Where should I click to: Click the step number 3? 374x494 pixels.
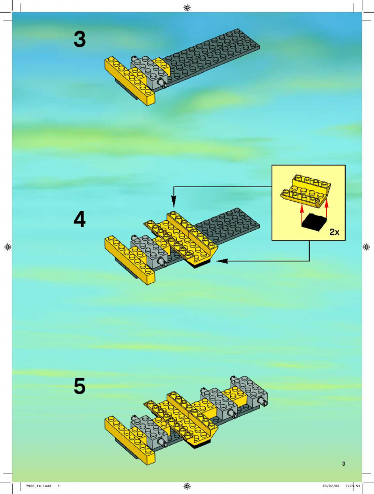pos(80,40)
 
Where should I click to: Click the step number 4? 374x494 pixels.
pos(80,219)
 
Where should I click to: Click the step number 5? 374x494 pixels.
pos(80,386)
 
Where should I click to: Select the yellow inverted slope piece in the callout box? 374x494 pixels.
pos(306,191)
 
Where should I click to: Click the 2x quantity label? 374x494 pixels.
pos(334,232)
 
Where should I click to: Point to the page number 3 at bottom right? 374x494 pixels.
pos(344,464)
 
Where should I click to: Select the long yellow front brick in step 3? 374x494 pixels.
pos(129,80)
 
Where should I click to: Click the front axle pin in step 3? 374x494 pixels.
pos(163,83)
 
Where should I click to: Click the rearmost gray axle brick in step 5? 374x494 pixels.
pos(250,391)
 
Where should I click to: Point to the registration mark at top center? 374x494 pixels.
pos(187,7)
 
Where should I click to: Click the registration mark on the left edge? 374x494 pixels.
pos(8,247)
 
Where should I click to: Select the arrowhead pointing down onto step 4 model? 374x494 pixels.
pos(174,201)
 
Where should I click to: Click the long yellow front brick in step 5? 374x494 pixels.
pos(129,440)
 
